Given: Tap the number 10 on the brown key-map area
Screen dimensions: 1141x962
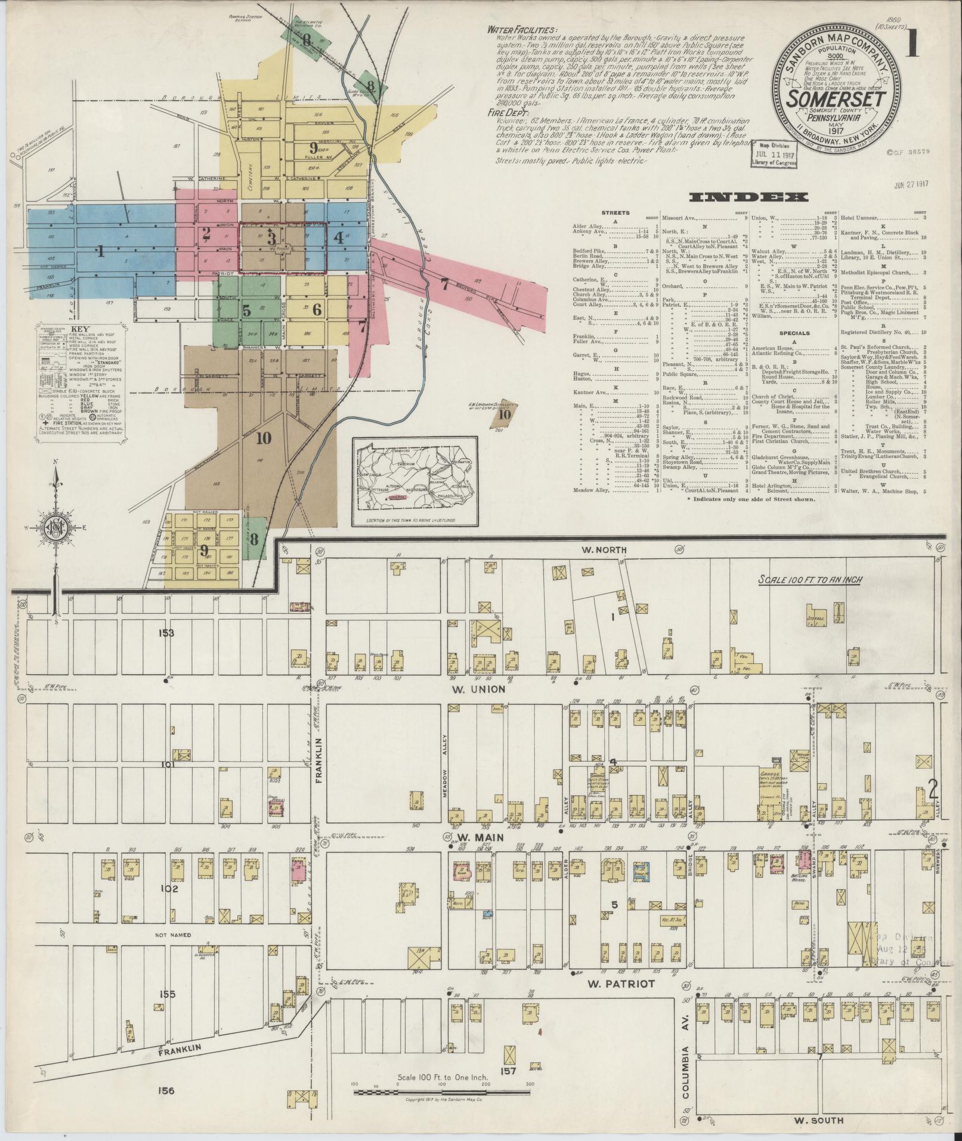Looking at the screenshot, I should [x=264, y=438].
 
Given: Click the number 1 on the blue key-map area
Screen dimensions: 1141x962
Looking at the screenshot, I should [x=101, y=252].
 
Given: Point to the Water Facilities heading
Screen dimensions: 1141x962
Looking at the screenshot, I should [x=522, y=30].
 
